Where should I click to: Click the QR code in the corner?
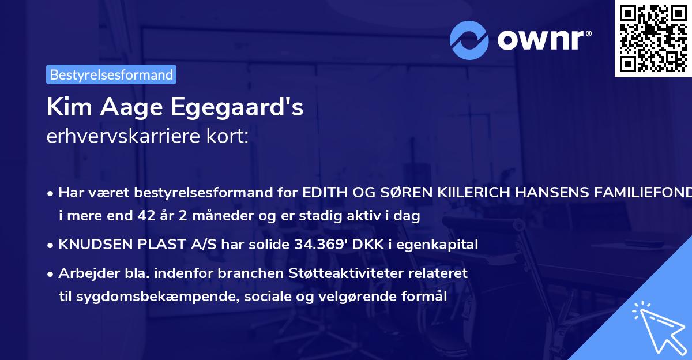(653, 38)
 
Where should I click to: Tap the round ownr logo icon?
(469, 40)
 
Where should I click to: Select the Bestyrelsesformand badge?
(111, 74)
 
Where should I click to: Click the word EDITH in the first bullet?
(324, 193)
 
